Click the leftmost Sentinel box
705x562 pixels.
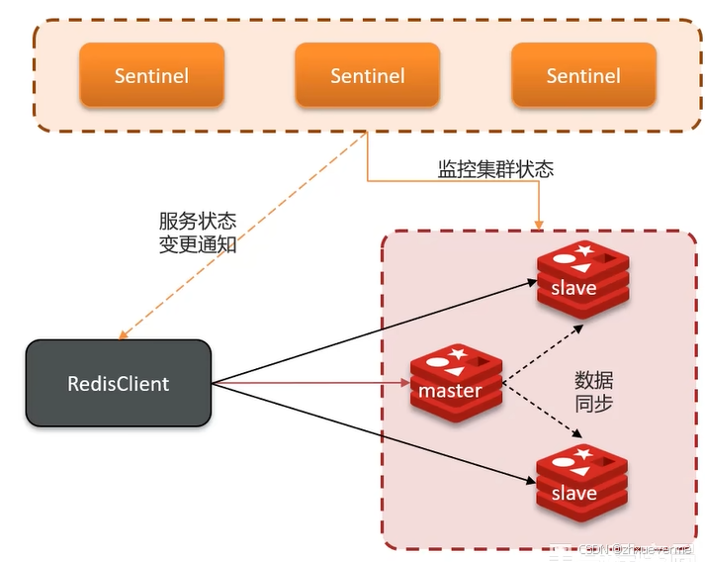(x=151, y=75)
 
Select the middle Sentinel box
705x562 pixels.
(x=367, y=75)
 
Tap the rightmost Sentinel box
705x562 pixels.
(x=583, y=75)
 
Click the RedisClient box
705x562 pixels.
(x=119, y=383)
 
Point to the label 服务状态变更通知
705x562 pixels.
(x=198, y=233)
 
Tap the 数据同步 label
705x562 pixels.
(x=593, y=391)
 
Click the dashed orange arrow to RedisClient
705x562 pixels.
(x=237, y=236)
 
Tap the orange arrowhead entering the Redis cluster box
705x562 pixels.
(x=538, y=224)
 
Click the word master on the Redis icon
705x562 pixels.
(x=450, y=390)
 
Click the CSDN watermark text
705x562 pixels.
(x=633, y=549)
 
